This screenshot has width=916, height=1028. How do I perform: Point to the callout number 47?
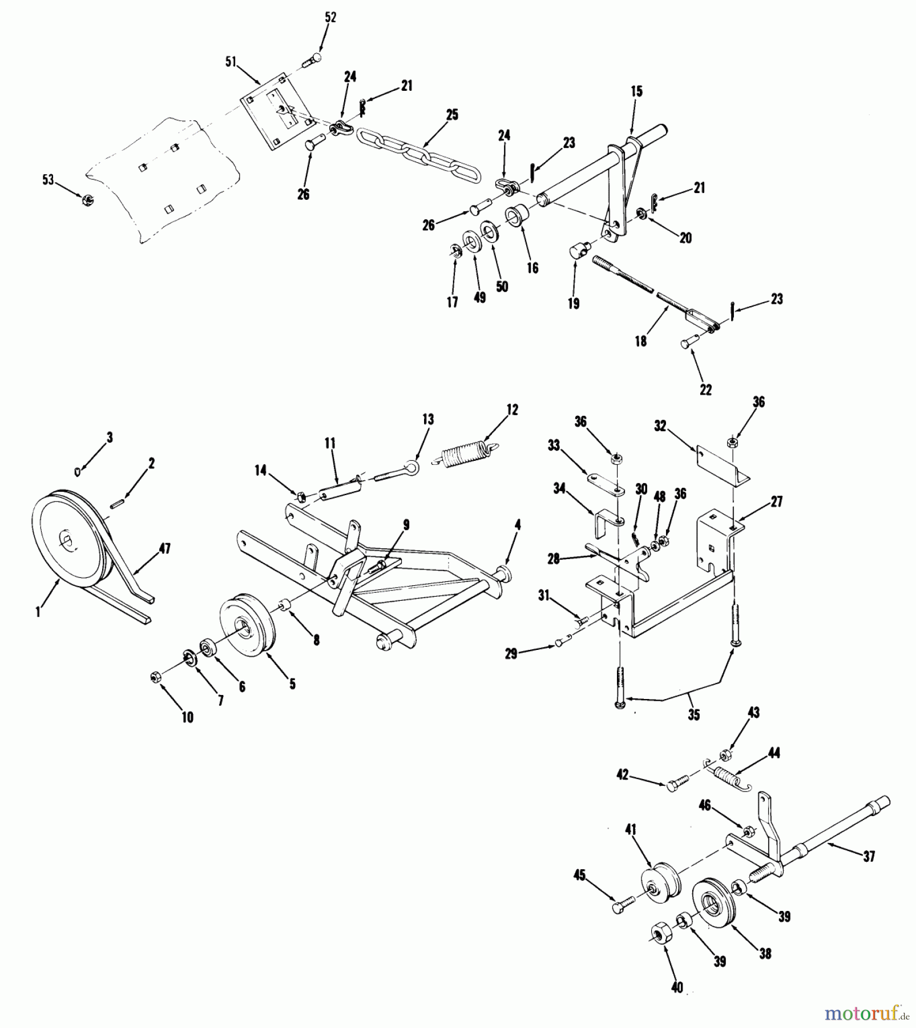tap(164, 549)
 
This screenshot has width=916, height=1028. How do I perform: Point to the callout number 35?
tap(693, 714)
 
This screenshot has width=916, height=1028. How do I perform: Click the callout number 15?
tap(636, 91)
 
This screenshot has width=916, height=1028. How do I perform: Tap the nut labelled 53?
tap(87, 199)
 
